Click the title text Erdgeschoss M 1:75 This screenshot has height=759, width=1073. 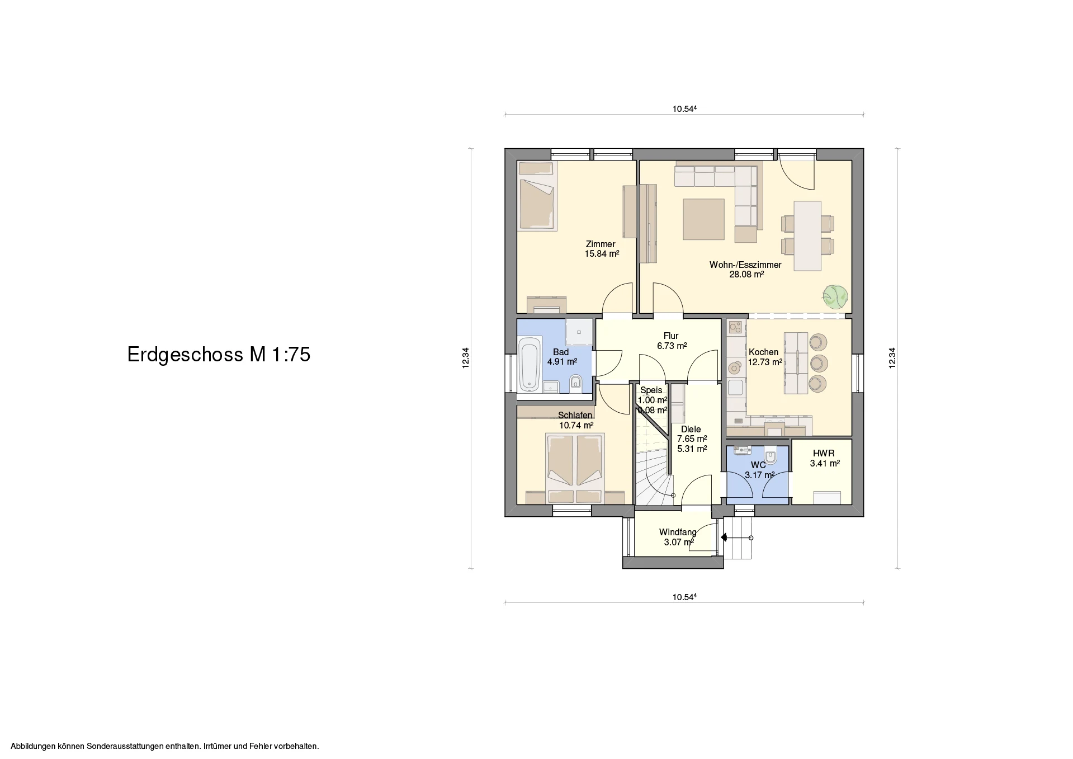point(219,355)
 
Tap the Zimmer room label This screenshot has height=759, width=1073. point(601,244)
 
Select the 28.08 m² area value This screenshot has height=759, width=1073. point(746,275)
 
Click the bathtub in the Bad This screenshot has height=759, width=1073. point(139,364)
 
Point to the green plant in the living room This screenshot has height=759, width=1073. point(835,296)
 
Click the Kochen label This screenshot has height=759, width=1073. point(763,352)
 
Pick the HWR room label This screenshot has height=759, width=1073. point(824,454)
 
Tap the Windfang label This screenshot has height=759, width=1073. point(678,532)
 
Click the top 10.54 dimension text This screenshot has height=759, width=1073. point(684,110)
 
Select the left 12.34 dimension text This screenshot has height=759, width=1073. point(466,359)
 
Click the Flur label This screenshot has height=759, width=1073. point(671,336)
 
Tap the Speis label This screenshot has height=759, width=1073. point(651,390)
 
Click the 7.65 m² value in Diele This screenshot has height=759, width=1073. point(692,439)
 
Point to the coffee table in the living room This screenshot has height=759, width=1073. point(704,219)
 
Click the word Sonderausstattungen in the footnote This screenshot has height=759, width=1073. point(127,746)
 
